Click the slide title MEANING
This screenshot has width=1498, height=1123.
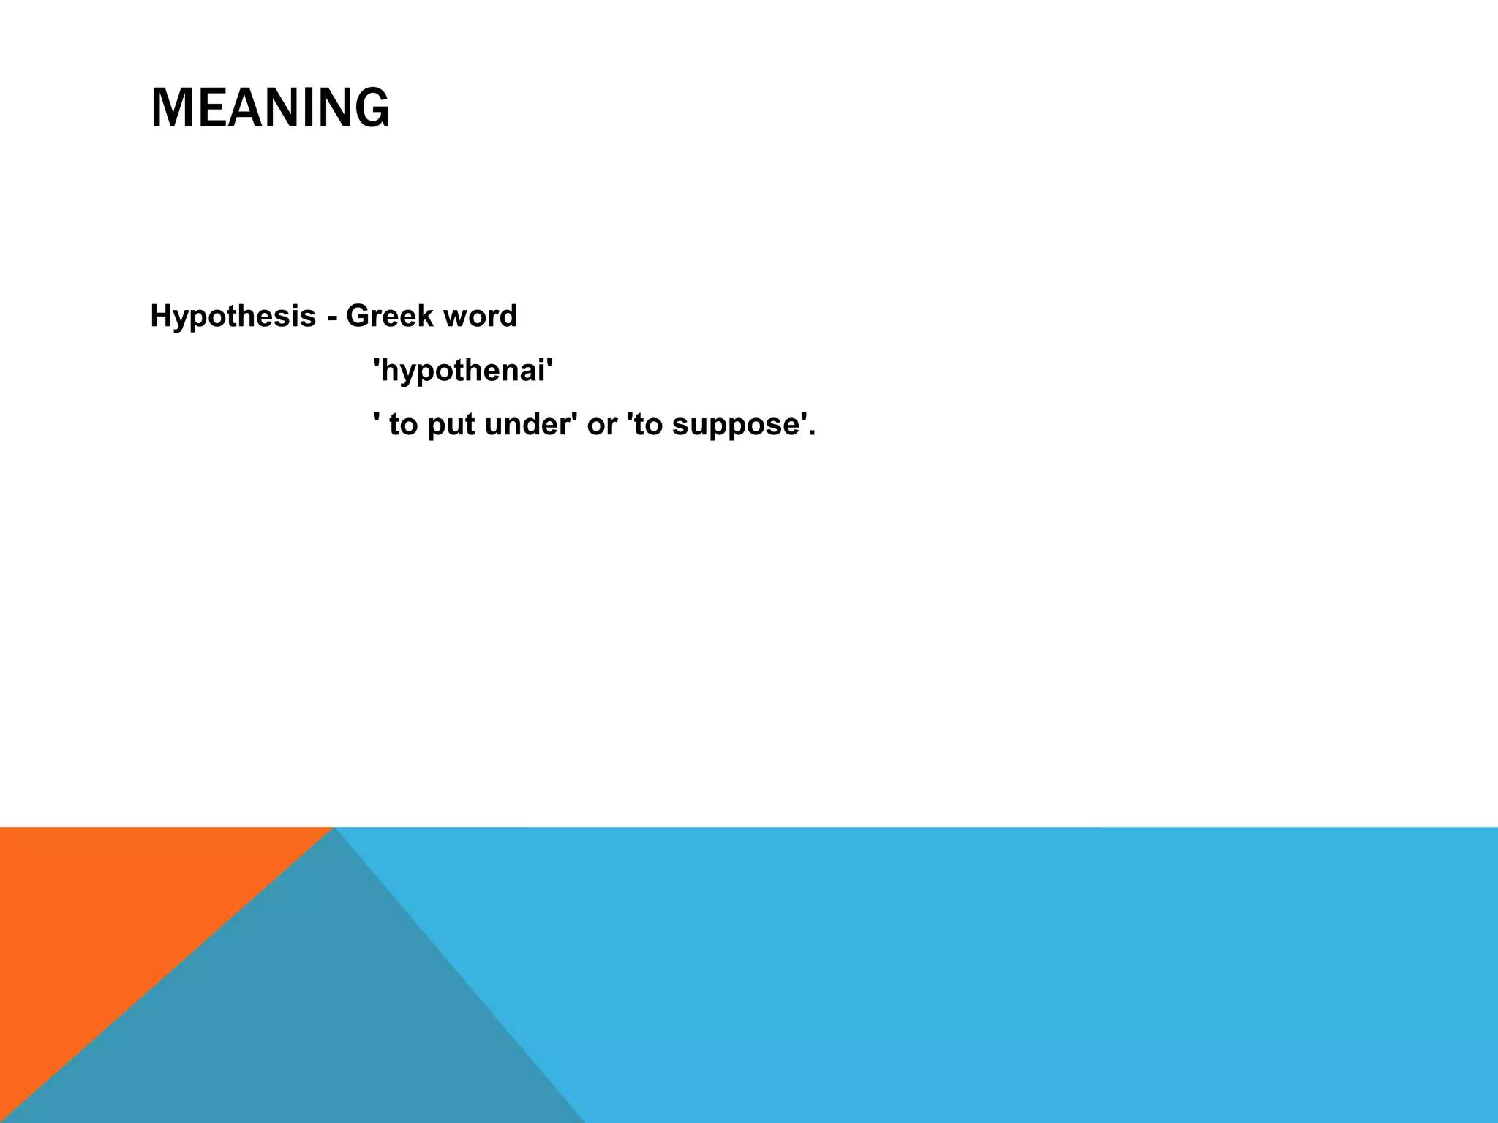point(270,108)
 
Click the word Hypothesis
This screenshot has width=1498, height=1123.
point(233,317)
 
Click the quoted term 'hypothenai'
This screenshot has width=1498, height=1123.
point(463,371)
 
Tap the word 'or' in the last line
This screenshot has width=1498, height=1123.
point(602,425)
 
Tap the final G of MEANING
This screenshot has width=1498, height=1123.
point(372,108)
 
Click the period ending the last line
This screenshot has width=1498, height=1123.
point(811,434)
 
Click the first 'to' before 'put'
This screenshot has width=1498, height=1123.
point(402,425)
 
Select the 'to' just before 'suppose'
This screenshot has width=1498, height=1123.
point(650,425)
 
